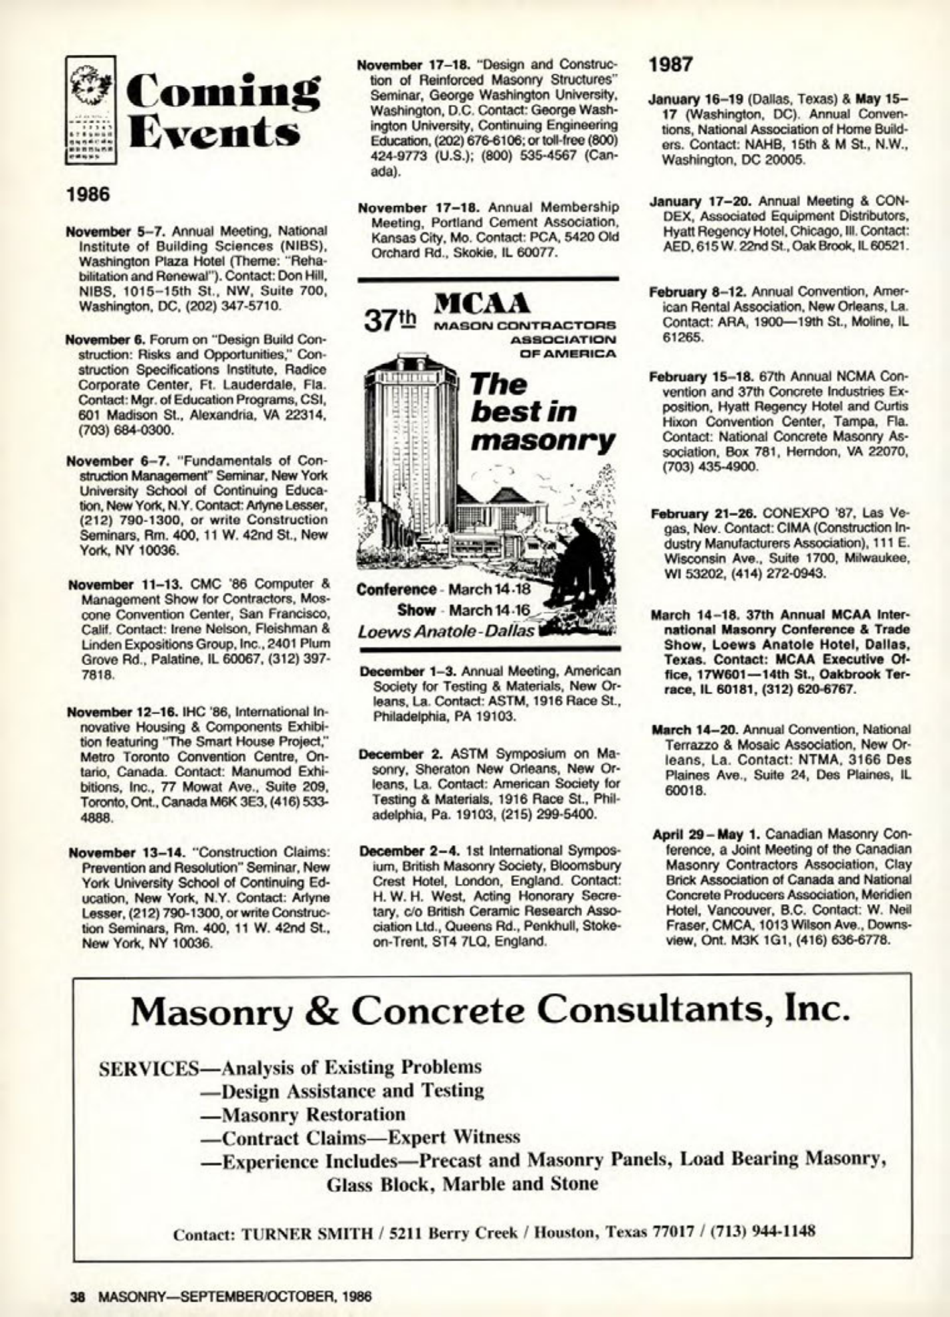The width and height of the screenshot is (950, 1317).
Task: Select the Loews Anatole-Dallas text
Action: [446, 631]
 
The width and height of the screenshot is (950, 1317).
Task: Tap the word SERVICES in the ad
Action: [147, 1067]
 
